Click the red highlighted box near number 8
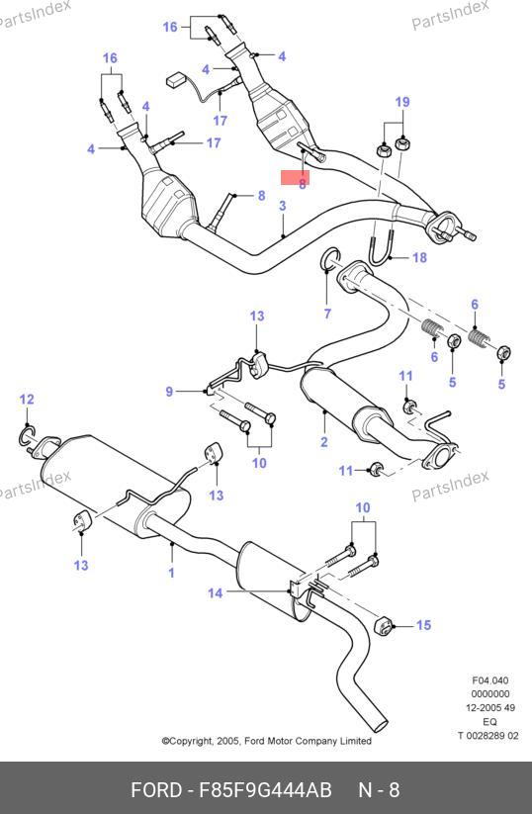(295, 177)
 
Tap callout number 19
(402, 102)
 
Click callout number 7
(327, 314)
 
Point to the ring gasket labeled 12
(27, 435)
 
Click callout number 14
(216, 592)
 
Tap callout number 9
(169, 392)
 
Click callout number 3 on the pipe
(283, 206)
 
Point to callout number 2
(324, 442)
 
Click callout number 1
(171, 573)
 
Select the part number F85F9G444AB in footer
(265, 790)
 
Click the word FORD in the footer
(155, 790)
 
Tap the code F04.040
(489, 680)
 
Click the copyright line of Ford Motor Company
(267, 741)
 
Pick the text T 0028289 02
(488, 735)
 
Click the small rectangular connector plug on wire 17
(176, 80)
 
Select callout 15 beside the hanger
(423, 625)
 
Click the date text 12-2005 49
(489, 707)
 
